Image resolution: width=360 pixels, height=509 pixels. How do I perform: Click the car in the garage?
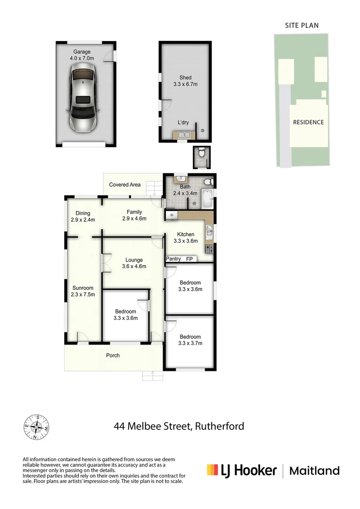pos(83,98)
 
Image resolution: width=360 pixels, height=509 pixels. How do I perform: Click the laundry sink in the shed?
pos(182,136)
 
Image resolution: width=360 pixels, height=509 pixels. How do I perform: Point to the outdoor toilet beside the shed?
pos(201,153)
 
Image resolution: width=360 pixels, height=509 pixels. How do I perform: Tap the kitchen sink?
pos(209,231)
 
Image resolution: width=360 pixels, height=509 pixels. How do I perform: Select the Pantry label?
pos(173,259)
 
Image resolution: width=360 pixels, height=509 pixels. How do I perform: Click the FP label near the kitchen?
pos(189,259)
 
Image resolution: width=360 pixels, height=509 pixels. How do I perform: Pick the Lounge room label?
pos(134,263)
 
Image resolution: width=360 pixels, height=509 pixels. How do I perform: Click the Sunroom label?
pos(83,291)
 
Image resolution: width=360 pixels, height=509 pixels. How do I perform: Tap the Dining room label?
pos(83,216)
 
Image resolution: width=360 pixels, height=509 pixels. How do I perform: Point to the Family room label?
pos(134,215)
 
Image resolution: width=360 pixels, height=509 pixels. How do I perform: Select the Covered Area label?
pos(125,185)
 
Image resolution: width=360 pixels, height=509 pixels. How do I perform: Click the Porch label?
pos(113,355)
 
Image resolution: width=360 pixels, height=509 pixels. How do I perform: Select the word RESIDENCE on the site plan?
pos(309,122)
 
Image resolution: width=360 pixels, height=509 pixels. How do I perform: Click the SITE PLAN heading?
pos(302,25)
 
